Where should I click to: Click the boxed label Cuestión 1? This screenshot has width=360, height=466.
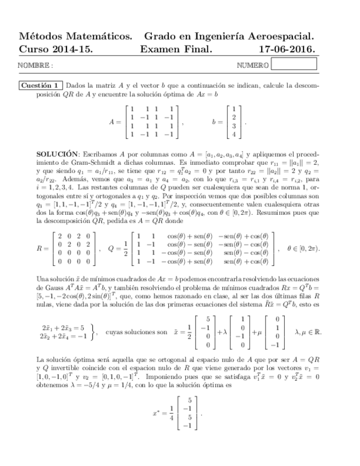tap(41, 86)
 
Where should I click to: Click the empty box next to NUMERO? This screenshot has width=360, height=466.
tap(294, 64)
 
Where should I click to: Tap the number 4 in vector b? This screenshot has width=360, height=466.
tap(234, 134)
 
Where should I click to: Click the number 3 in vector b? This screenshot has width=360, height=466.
tap(234, 126)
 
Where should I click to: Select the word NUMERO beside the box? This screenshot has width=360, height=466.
tap(253, 65)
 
